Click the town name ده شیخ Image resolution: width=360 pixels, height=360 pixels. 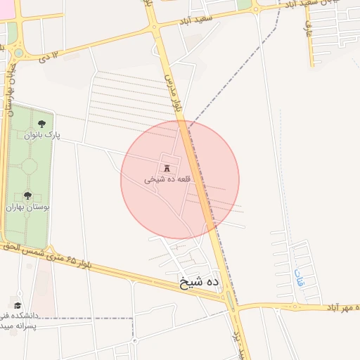point(200,282)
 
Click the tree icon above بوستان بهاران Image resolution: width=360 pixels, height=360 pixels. point(27,196)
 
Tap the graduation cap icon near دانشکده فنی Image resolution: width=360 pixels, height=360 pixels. point(17,306)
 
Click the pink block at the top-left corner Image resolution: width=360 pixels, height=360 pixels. point(10,32)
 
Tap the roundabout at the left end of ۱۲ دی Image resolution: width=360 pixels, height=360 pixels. point(18,52)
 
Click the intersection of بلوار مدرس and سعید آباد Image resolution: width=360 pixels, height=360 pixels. point(154,27)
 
